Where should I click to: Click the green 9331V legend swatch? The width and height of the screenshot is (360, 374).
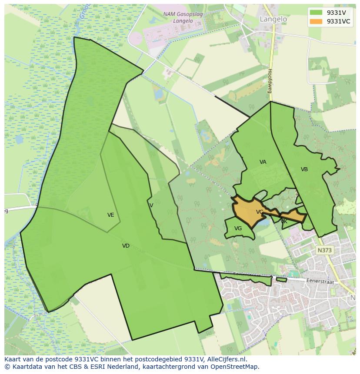(316, 13)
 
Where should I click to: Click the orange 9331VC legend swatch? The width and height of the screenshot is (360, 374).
(316, 21)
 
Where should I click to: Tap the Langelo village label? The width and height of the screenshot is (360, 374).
(273, 19)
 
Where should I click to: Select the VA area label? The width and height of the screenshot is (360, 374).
(263, 162)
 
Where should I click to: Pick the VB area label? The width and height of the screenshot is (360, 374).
(304, 169)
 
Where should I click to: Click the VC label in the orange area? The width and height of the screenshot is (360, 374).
(260, 212)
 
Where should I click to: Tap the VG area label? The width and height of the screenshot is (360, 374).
(238, 228)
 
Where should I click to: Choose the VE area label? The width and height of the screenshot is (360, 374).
(111, 215)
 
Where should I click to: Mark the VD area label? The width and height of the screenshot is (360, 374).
(126, 246)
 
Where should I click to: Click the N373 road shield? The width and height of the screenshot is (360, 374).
(324, 250)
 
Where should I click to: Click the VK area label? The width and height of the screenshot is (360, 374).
(284, 222)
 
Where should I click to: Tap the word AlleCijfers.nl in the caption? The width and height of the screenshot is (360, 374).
(227, 360)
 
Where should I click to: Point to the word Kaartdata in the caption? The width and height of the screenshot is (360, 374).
(23, 367)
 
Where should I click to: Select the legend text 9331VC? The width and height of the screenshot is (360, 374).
(338, 21)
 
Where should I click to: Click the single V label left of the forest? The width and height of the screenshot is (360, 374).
(151, 205)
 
